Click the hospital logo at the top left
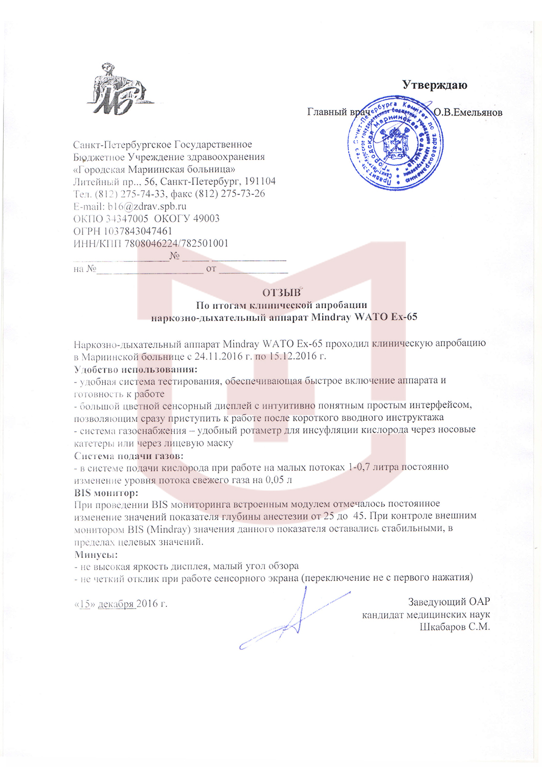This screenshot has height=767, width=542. click(x=119, y=90)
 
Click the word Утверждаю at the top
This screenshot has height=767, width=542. click(x=434, y=85)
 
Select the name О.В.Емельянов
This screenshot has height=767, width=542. click(x=468, y=112)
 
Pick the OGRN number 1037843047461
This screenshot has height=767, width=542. click(x=138, y=231)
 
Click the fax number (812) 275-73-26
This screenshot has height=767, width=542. click(x=230, y=194)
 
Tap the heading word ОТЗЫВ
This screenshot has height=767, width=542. click(x=281, y=293)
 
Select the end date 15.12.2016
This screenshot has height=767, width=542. click(x=292, y=356)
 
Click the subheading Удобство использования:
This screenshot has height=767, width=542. click(x=135, y=369)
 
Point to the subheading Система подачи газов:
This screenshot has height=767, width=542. click(x=128, y=456)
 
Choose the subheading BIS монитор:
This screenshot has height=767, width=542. click(x=106, y=493)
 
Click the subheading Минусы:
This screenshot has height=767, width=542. click(x=96, y=555)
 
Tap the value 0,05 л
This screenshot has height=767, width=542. click(x=279, y=480)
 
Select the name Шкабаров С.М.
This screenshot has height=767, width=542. click(x=455, y=627)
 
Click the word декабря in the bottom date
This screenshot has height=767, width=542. click(x=116, y=604)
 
